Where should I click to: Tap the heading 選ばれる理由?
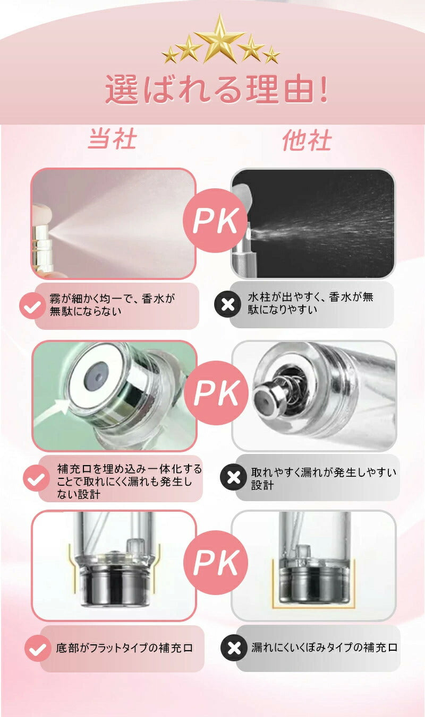pyautogui.click(x=217, y=90)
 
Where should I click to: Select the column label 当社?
pyautogui.click(x=113, y=139)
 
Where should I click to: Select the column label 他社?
pyautogui.click(x=307, y=141)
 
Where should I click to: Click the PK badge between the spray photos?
pyautogui.click(x=216, y=220)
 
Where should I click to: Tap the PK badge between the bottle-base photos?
pyautogui.click(x=216, y=562)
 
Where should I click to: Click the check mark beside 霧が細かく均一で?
pyautogui.click(x=32, y=306)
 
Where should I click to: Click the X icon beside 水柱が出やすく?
pyautogui.click(x=228, y=304)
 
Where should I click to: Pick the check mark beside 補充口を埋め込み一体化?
pyautogui.click(x=36, y=478)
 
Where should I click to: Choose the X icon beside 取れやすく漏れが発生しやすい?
pyautogui.click(x=234, y=477)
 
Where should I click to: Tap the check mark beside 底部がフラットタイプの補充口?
pyautogui.click(x=38, y=648)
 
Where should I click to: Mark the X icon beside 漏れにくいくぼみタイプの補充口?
pyautogui.click(x=234, y=648)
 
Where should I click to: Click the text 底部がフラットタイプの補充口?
pyautogui.click(x=124, y=648)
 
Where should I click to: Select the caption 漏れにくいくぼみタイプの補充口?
pyautogui.click(x=324, y=647)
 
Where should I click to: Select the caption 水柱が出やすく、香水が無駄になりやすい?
pyautogui.click(x=310, y=303)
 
